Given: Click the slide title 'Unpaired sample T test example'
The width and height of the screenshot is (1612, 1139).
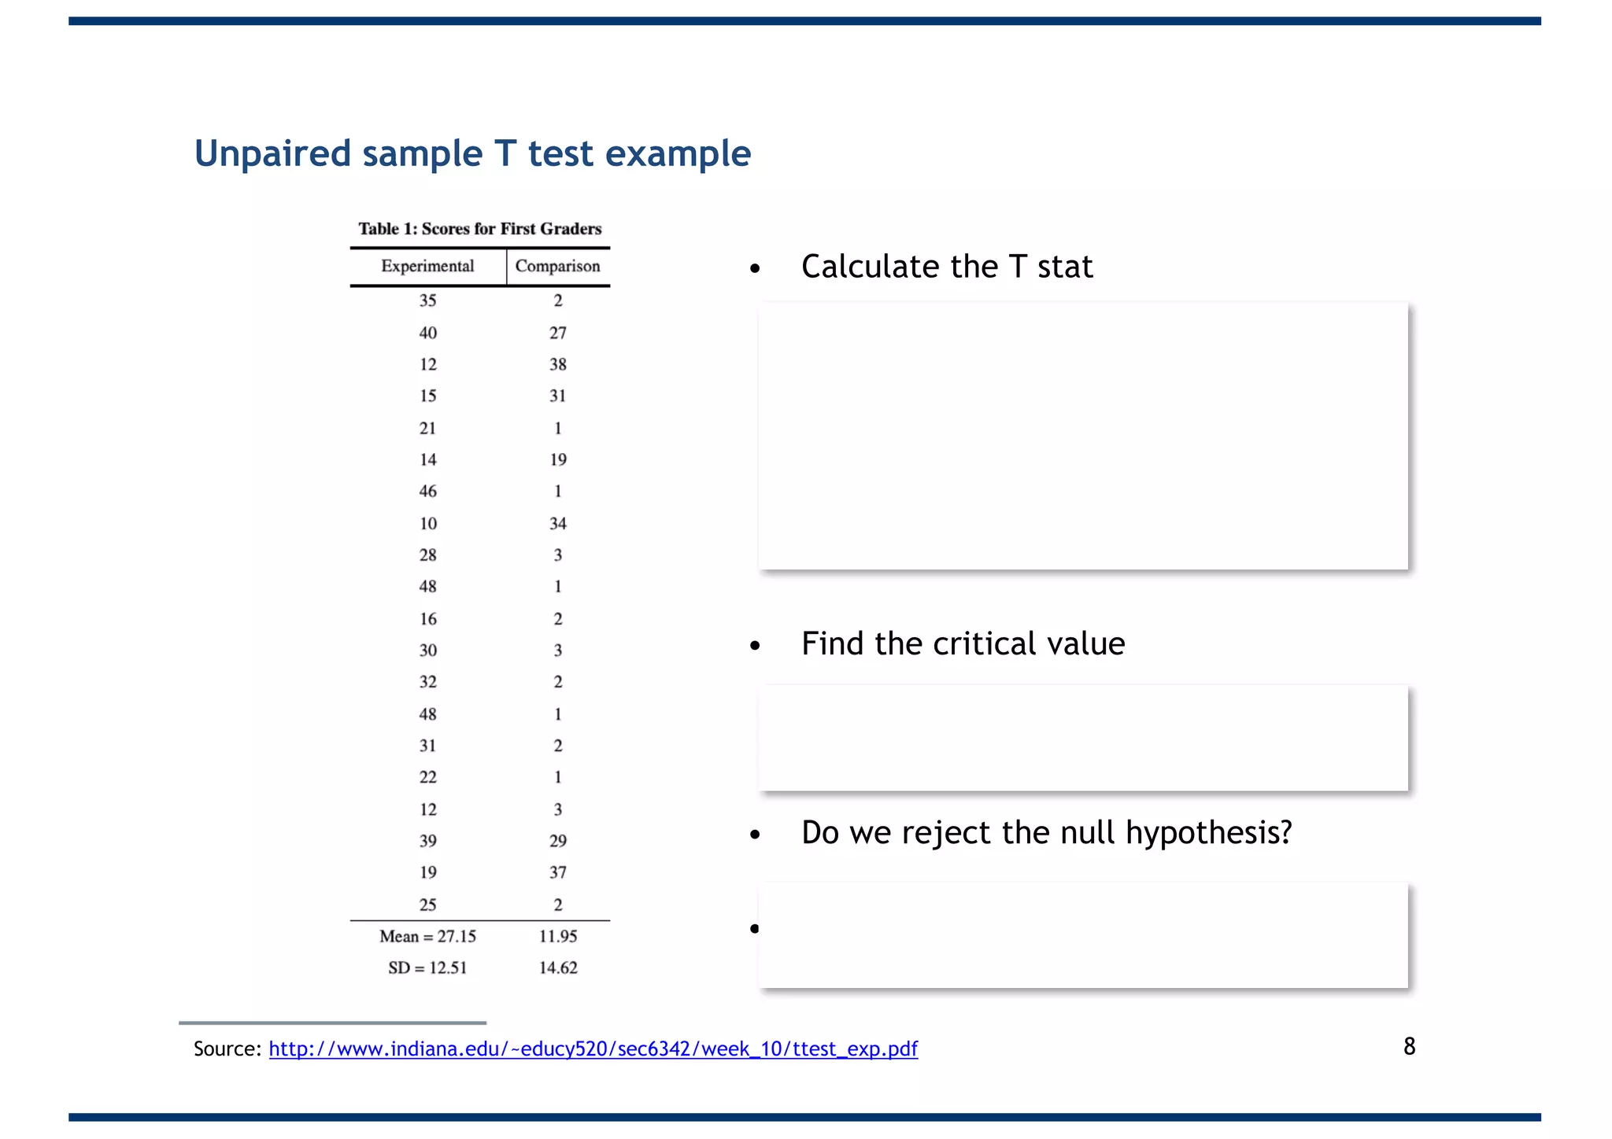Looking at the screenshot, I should (472, 153).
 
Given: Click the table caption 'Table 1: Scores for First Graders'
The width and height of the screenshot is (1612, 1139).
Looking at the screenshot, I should (480, 229).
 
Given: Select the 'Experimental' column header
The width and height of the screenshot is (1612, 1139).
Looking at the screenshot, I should (427, 266).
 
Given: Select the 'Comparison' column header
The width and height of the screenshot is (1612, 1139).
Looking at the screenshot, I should (557, 266).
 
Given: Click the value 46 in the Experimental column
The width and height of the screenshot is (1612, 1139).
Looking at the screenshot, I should (427, 492).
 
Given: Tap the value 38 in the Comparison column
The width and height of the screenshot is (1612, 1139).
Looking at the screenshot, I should (557, 364).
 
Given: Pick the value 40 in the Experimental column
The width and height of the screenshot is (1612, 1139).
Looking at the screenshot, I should (427, 333).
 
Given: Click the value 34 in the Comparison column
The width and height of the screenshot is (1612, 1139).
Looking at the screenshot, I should (557, 523).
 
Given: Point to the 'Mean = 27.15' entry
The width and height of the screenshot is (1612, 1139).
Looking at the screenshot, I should (427, 936).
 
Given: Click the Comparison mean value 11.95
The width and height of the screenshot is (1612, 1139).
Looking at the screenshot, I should (557, 936).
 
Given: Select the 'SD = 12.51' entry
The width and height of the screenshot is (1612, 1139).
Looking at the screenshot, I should (427, 968).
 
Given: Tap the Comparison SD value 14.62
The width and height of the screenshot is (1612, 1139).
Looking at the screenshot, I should (557, 968).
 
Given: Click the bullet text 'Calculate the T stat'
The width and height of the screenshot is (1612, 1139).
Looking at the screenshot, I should (946, 267).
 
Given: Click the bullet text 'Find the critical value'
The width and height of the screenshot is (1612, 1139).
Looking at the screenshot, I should (963, 643).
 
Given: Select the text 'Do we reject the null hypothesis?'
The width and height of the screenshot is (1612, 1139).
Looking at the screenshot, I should (1046, 832).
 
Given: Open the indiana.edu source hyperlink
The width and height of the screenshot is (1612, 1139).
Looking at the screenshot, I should (593, 1049).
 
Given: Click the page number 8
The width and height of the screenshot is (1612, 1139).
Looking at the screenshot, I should (1409, 1046).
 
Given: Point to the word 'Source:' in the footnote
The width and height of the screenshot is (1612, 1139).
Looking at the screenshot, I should (227, 1049).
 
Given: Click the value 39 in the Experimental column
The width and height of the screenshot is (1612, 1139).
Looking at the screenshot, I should (427, 841).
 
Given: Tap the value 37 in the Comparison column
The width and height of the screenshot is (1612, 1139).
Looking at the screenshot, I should (557, 872).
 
